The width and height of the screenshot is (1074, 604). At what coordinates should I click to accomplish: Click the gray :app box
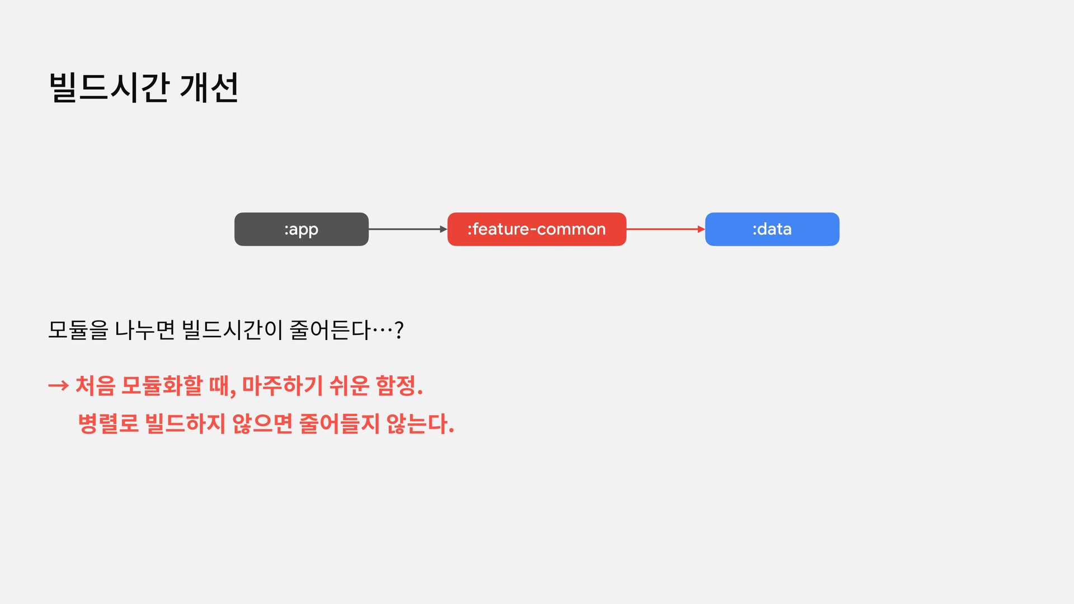pos(301,229)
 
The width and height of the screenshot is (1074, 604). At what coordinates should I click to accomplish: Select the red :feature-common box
pos(536,229)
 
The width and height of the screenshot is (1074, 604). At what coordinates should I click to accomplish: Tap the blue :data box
pos(772,229)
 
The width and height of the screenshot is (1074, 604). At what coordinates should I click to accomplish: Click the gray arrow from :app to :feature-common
pos(407,229)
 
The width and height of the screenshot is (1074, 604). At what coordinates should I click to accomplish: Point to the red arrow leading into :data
pos(665,229)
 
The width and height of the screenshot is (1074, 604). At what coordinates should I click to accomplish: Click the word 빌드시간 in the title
pos(109,88)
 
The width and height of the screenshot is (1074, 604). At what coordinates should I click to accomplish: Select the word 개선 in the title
pos(209,88)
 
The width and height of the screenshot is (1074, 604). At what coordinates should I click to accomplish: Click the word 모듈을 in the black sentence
pos(78,330)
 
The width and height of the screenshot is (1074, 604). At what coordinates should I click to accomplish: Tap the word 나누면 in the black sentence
pos(145,330)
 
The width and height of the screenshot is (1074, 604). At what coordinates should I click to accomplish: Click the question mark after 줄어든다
pos(399,331)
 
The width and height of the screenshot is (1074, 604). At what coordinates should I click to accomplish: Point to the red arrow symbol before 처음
pos(58,385)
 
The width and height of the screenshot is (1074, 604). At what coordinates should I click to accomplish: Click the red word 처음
pos(95,385)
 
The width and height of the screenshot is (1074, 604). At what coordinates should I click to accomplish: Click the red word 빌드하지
pos(185,423)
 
